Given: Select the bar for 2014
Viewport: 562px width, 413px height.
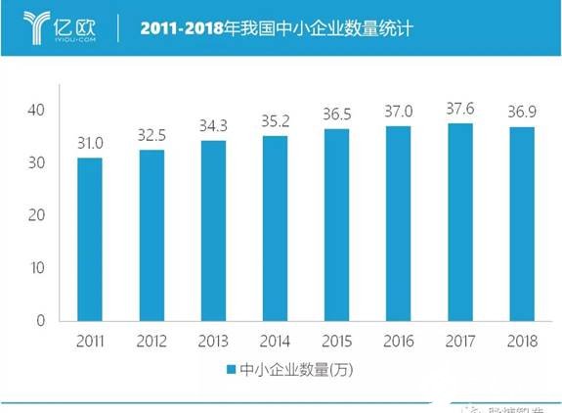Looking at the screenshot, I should tap(276, 228).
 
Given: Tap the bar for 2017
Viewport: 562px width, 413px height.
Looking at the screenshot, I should tap(460, 222).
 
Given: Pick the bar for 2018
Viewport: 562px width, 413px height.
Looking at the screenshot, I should tap(522, 224).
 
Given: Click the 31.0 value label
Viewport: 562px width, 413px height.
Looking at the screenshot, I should tap(90, 144).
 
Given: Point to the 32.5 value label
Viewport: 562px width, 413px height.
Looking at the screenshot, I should tap(151, 136).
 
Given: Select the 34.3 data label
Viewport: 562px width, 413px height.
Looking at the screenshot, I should tap(213, 127).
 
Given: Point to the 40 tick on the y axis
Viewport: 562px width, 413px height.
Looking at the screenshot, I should tap(36, 110).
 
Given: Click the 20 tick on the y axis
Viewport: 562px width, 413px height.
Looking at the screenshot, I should tap(36, 215).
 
